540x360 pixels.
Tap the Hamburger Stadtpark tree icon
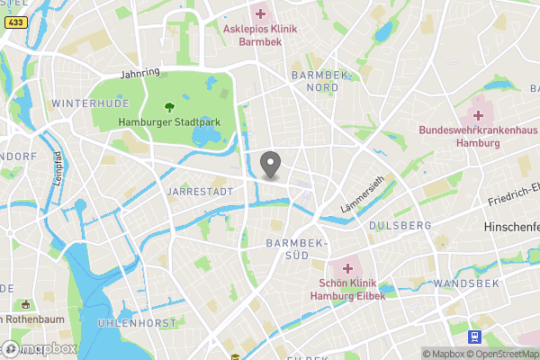[x=167, y=107]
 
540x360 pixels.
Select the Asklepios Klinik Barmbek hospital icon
[x=260, y=13]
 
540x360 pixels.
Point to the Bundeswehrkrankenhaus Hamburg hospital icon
[x=478, y=115]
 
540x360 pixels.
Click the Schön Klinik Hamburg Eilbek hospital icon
[x=347, y=268]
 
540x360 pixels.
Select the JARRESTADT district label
[x=200, y=192]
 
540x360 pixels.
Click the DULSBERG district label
[x=394, y=225]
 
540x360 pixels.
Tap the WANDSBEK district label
[x=460, y=283]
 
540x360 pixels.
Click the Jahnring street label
[x=139, y=72]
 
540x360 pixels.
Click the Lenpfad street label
[x=56, y=166]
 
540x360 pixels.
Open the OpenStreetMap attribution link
[x=505, y=354]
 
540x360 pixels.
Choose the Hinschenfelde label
[x=511, y=229]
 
